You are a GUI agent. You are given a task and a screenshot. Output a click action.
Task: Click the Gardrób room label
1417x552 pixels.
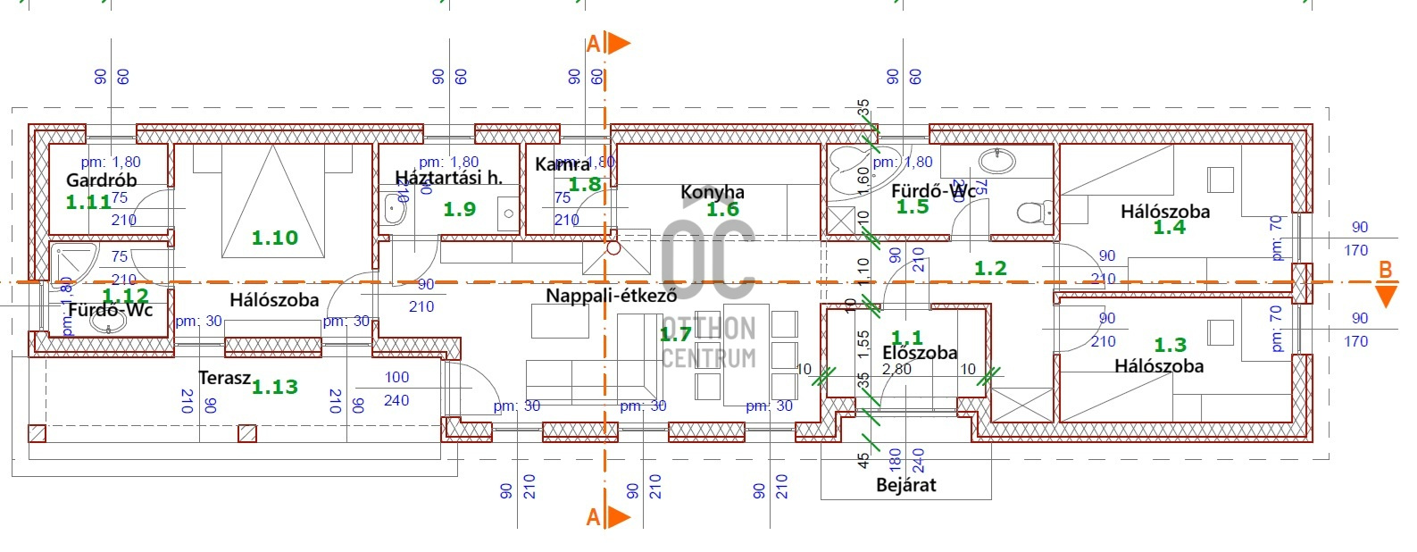pos(102,180)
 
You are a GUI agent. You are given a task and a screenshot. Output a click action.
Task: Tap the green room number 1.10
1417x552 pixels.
pos(274,238)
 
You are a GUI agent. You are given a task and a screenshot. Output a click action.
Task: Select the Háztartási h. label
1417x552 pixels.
pos(448,177)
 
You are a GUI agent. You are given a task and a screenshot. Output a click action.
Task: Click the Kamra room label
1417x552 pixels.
pos(562,164)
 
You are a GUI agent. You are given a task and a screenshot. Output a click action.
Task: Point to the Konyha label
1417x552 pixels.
pos(712,192)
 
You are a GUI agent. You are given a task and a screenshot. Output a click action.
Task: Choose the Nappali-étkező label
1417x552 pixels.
pos(611,295)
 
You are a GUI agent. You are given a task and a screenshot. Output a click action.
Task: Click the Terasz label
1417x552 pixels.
pos(224,378)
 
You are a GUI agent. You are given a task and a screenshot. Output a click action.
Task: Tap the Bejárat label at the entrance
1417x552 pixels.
pos(905,485)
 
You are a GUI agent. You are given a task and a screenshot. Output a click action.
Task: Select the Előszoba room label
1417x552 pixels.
pos(919,353)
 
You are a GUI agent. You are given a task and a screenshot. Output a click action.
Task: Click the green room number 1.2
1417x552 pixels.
pos(989,268)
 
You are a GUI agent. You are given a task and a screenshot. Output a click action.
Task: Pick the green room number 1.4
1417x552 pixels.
pos(1169,228)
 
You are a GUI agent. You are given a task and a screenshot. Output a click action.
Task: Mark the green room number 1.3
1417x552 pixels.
pos(1170,345)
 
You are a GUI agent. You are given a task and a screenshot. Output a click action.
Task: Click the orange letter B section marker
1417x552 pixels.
pos(1385,270)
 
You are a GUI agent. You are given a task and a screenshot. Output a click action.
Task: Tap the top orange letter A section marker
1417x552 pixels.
pos(593,44)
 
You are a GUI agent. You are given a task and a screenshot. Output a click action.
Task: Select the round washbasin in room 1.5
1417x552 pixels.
pos(996,162)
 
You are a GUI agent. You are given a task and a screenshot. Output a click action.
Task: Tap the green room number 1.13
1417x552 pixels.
pos(274,387)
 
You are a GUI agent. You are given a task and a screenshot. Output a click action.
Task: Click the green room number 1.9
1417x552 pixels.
pos(459,209)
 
